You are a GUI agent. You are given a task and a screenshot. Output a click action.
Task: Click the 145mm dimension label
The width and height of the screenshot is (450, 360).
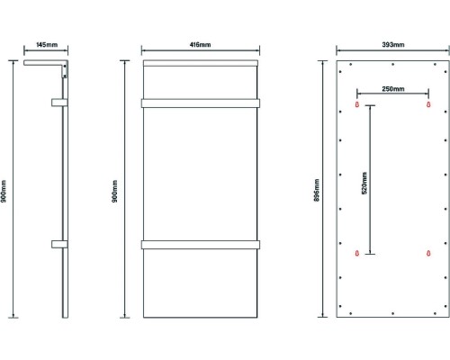[x=47, y=45]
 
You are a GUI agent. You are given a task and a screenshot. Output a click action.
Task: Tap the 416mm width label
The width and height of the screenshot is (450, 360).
[x=200, y=45]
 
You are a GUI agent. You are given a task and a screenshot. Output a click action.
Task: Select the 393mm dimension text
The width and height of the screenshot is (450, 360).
[x=393, y=45]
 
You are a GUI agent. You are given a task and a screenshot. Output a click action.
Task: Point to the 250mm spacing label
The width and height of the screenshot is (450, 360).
[x=393, y=89]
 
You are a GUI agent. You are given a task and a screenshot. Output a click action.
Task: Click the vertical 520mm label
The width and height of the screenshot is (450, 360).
[x=364, y=183]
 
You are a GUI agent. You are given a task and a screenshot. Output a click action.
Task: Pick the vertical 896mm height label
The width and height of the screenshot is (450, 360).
[x=317, y=190]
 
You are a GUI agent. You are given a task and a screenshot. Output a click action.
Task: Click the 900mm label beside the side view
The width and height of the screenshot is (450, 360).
[x=4, y=192]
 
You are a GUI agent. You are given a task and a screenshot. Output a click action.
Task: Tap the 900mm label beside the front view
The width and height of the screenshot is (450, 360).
[x=115, y=192]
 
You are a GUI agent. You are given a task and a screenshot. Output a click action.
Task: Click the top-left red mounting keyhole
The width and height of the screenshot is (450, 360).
[x=357, y=104]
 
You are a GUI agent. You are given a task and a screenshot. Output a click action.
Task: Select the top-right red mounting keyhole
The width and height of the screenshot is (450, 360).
[x=428, y=104]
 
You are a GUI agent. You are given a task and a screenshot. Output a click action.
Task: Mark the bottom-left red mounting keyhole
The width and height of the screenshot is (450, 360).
[x=357, y=254]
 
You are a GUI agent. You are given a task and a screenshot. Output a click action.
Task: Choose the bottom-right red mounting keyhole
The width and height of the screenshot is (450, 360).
[x=428, y=254]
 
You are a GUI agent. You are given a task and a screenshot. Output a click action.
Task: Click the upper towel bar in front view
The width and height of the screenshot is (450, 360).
[x=201, y=103]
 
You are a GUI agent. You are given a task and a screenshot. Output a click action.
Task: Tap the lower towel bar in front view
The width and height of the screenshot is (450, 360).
[x=201, y=245]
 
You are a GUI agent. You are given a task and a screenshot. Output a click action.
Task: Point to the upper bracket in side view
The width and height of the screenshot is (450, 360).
[x=59, y=103]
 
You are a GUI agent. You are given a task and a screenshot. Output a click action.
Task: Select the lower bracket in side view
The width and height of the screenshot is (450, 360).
[x=59, y=244]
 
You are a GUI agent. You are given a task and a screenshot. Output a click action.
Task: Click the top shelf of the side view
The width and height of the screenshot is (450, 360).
[x=45, y=63]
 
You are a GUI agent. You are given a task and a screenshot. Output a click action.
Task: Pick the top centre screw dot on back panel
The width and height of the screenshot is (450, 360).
[x=393, y=64]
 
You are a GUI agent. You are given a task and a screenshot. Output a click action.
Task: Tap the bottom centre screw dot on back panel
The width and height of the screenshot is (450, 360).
[x=393, y=313]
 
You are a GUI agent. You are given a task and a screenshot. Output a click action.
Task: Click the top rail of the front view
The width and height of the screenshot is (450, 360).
[x=201, y=63]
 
